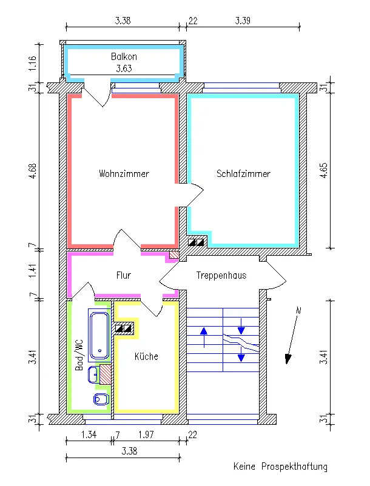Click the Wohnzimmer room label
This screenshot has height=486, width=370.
[124, 173]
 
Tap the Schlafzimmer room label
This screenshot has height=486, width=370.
[243, 173]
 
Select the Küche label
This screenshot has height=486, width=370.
[146, 356]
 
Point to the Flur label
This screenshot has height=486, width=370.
[124, 275]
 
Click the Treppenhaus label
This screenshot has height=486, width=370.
[221, 275]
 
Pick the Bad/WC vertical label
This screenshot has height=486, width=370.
[79, 355]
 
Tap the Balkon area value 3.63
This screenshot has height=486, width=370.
[124, 68]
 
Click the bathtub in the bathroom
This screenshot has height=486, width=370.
[99, 335]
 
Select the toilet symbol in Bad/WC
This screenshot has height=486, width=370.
[101, 399]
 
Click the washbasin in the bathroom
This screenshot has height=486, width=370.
[93, 374]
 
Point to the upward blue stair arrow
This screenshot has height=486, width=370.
[204, 338]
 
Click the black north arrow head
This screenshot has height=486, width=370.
[289, 359]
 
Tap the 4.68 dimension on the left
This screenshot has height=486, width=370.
[33, 171]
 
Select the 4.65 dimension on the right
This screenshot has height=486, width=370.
[323, 170]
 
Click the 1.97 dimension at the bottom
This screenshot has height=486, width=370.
[146, 434]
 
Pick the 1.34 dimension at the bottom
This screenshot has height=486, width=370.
[89, 434]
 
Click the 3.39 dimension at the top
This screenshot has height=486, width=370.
[243, 21]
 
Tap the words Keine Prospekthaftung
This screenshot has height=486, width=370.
[280, 467]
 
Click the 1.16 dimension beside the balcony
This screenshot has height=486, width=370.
[33, 63]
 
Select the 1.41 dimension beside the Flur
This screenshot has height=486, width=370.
[33, 271]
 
